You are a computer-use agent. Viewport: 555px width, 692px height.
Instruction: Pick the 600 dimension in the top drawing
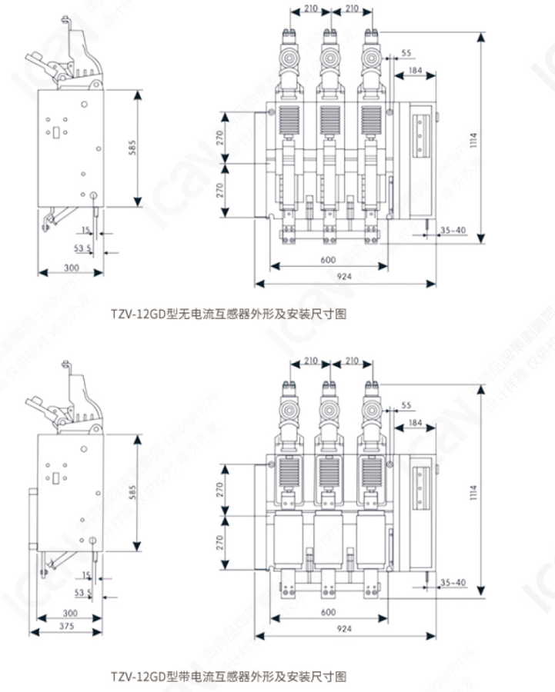click(328, 259)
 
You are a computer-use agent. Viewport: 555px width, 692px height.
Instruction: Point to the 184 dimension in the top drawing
click(415, 71)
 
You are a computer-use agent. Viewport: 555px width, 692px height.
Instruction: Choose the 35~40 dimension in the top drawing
click(453, 230)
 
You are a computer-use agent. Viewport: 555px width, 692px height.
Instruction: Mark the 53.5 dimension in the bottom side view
click(82, 592)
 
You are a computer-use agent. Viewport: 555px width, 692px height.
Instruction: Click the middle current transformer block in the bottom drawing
click(332, 539)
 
